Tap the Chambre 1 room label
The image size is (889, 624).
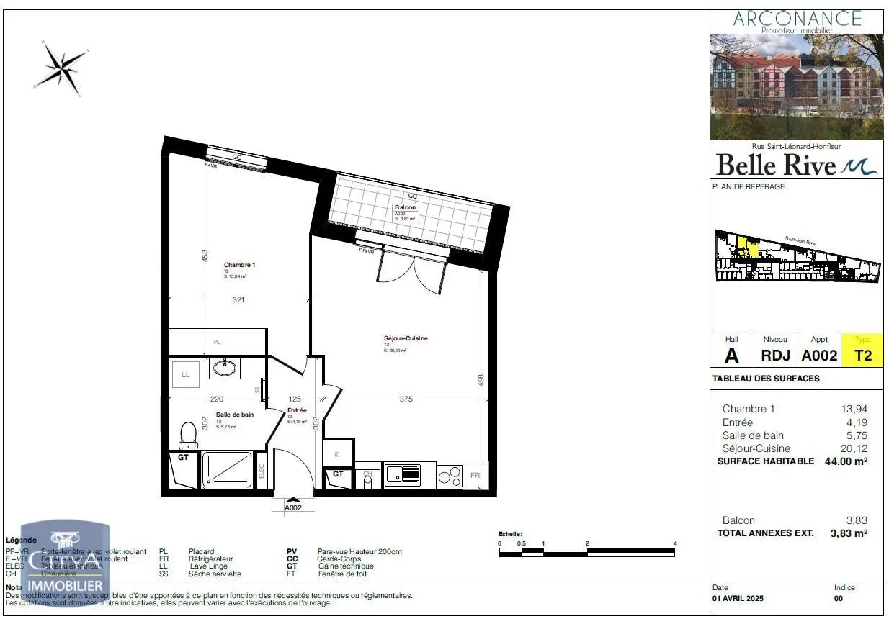pos(239,265)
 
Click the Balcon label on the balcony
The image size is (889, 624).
pos(405,207)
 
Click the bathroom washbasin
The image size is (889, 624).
pos(224,368)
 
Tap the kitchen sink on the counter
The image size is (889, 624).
pos(403,474)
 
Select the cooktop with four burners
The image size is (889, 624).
pos(449,475)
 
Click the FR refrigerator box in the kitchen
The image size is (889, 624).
pos(475,476)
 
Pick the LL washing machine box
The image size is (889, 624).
pos(185,374)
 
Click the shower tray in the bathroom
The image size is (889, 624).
pos(226,470)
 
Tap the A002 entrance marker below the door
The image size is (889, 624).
pos(293,507)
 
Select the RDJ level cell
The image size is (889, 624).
pos(776,355)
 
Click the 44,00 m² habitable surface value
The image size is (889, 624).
pos(845,461)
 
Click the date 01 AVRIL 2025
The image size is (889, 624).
pos(738,599)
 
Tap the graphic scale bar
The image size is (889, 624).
pos(586,553)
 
